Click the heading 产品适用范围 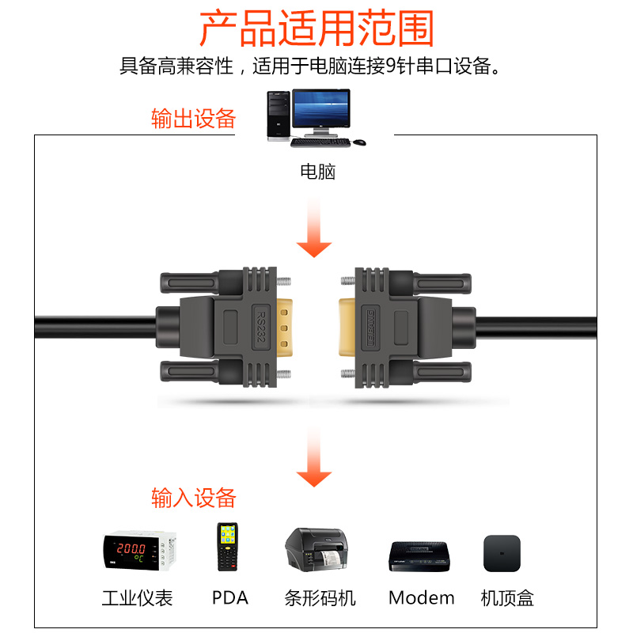[316, 29]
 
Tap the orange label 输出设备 [194, 119]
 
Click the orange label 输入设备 [194, 498]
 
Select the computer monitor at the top [320, 111]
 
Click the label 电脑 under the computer [317, 171]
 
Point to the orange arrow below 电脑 [315, 229]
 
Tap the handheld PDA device [228, 547]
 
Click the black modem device [420, 554]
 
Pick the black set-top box [502, 552]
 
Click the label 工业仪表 [137, 597]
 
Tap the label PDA [229, 597]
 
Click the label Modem [421, 597]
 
